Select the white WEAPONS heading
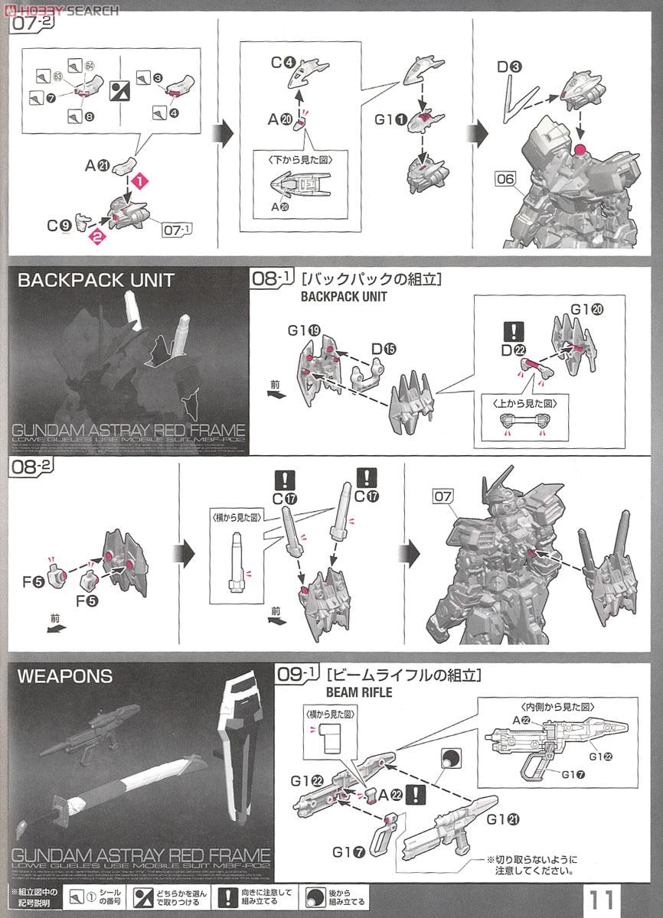click(x=64, y=676)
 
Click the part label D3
click(x=509, y=67)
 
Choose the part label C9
click(x=59, y=225)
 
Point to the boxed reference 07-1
click(x=176, y=228)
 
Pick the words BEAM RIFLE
click(x=358, y=692)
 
